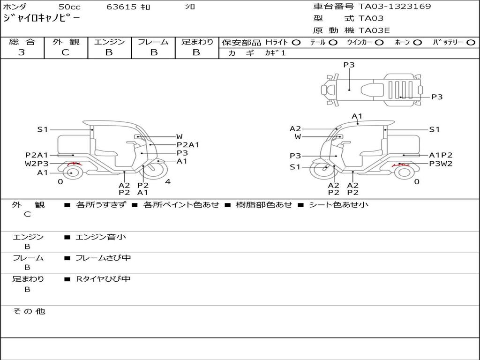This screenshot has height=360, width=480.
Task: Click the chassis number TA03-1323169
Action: click(x=395, y=7)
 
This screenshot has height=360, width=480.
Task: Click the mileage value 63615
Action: click(x=121, y=7)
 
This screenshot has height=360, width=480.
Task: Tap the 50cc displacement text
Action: click(x=69, y=7)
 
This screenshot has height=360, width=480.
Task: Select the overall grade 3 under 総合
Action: click(x=22, y=52)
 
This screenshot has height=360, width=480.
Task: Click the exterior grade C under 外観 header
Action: click(x=65, y=52)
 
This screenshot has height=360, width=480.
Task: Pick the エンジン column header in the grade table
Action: click(x=109, y=42)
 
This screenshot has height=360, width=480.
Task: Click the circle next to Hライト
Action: click(x=296, y=43)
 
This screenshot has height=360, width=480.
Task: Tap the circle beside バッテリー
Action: click(x=471, y=43)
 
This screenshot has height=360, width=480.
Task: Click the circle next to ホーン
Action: click(x=417, y=43)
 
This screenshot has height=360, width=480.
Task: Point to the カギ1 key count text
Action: click(x=275, y=53)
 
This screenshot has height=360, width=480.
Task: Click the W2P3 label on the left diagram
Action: click(x=37, y=164)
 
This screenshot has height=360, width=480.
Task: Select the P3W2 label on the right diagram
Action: click(x=441, y=164)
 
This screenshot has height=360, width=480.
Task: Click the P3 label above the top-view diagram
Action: click(x=349, y=65)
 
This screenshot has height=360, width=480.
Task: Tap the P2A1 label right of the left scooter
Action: click(x=187, y=145)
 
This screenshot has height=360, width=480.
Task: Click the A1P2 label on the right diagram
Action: click(x=441, y=155)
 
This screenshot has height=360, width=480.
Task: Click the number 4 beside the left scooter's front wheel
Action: click(x=168, y=181)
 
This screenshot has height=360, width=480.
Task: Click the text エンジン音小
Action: click(x=101, y=237)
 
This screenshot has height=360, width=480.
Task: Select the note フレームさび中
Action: click(x=103, y=258)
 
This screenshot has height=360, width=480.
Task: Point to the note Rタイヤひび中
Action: click(x=103, y=279)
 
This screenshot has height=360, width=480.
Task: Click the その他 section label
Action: click(x=29, y=311)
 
